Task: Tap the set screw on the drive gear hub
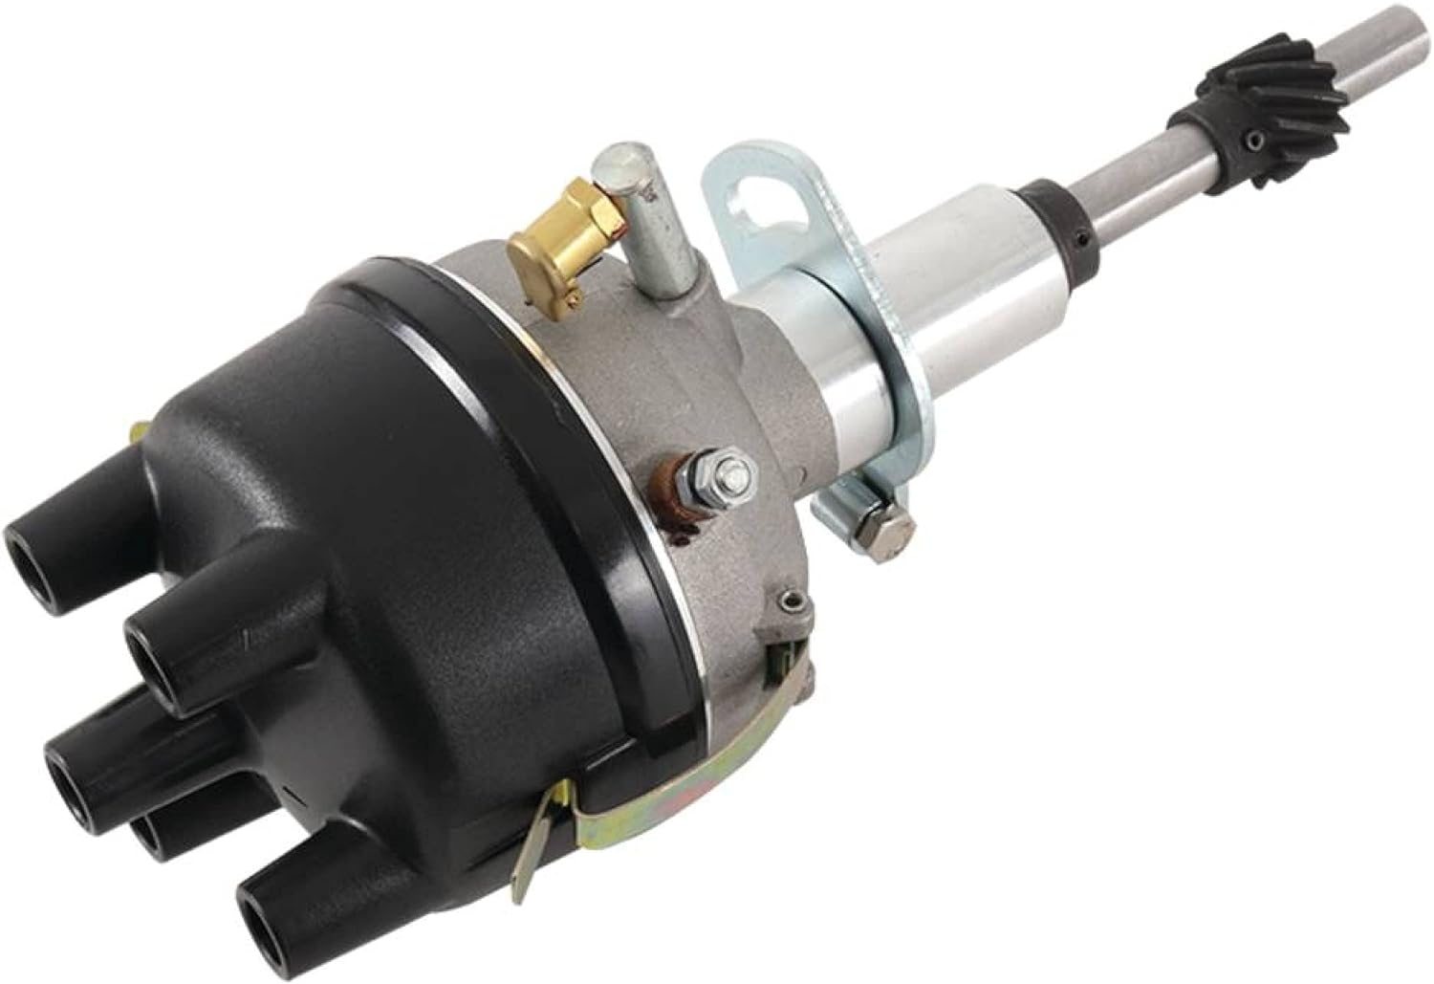(x=1255, y=142)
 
